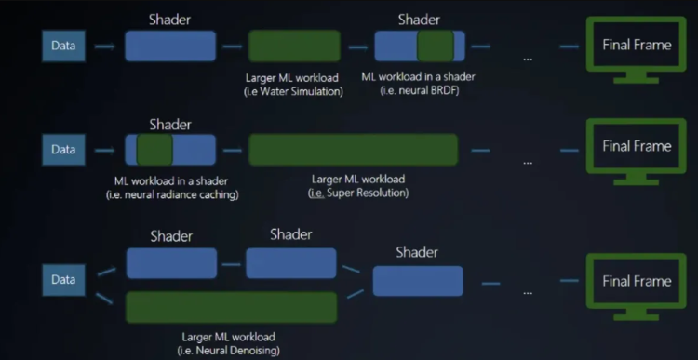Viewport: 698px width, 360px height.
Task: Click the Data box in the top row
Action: coord(63,45)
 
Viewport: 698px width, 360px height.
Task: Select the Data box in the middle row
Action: coord(63,149)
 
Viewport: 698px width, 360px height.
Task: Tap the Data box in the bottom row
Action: coord(63,280)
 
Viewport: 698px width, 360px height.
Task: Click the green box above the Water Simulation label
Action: coord(294,46)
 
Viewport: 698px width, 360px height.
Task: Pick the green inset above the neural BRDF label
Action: coord(435,46)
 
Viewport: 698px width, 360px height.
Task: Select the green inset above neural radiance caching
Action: coord(154,149)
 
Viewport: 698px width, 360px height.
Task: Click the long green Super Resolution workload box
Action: coord(353,150)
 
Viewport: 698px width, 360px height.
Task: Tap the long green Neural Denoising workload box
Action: coord(231,307)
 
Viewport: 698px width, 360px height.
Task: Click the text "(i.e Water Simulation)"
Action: coord(294,91)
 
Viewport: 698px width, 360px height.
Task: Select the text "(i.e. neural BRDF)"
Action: coord(420,91)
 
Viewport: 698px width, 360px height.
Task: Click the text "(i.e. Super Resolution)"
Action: coord(358,193)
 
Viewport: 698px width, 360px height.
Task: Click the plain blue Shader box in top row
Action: coord(170,46)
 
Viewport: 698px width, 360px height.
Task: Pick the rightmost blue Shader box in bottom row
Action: coord(418,280)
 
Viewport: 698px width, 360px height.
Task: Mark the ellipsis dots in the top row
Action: coord(528,60)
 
